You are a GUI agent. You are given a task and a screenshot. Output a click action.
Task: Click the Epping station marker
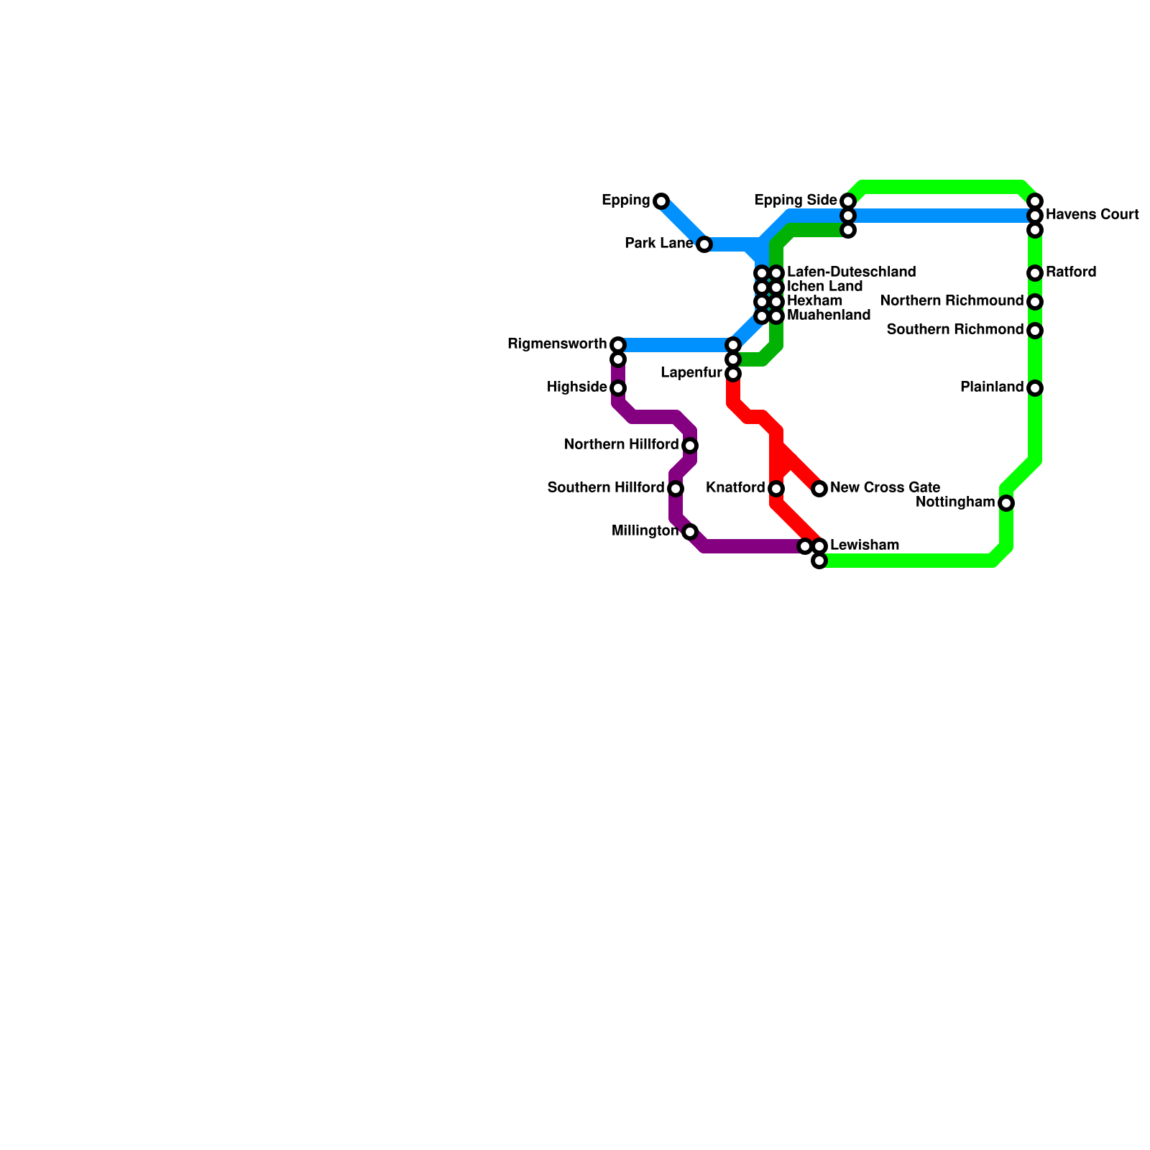pyautogui.click(x=661, y=201)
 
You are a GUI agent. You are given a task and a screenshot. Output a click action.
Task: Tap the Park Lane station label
pyautogui.click(x=658, y=244)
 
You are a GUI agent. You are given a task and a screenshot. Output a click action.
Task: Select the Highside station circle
pyautogui.click(x=618, y=388)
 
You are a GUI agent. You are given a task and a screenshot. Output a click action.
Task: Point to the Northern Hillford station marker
pyautogui.click(x=690, y=446)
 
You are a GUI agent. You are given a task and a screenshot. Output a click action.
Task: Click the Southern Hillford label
pyautogui.click(x=605, y=488)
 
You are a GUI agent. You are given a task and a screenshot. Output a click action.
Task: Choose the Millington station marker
pyautogui.click(x=690, y=532)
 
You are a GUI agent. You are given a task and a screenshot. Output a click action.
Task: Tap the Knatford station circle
pyautogui.click(x=776, y=489)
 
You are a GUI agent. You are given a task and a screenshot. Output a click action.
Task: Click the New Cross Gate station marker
pyautogui.click(x=819, y=489)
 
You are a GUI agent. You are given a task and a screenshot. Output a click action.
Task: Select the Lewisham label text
pyautogui.click(x=864, y=546)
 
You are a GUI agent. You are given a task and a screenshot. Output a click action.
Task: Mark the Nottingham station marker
pyautogui.click(x=1006, y=503)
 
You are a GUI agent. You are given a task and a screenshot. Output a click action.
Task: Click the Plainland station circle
pyautogui.click(x=1035, y=388)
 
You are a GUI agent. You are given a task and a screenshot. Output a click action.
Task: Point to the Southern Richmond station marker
pyautogui.click(x=1035, y=331)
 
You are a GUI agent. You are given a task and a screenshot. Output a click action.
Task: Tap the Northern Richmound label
pyautogui.click(x=951, y=301)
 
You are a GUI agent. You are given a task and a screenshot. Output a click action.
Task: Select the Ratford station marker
pyautogui.click(x=1035, y=273)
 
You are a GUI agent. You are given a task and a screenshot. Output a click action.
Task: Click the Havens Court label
pyautogui.click(x=1092, y=215)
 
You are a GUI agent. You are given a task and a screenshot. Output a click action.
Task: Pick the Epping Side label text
pyautogui.click(x=796, y=201)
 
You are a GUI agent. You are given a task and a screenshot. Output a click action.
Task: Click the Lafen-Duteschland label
pyautogui.click(x=851, y=272)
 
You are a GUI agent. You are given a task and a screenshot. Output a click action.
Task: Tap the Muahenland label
pyautogui.click(x=828, y=316)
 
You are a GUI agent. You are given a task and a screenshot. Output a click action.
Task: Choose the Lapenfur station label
pyautogui.click(x=691, y=373)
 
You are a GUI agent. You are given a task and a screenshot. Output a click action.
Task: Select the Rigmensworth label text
pyautogui.click(x=557, y=344)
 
